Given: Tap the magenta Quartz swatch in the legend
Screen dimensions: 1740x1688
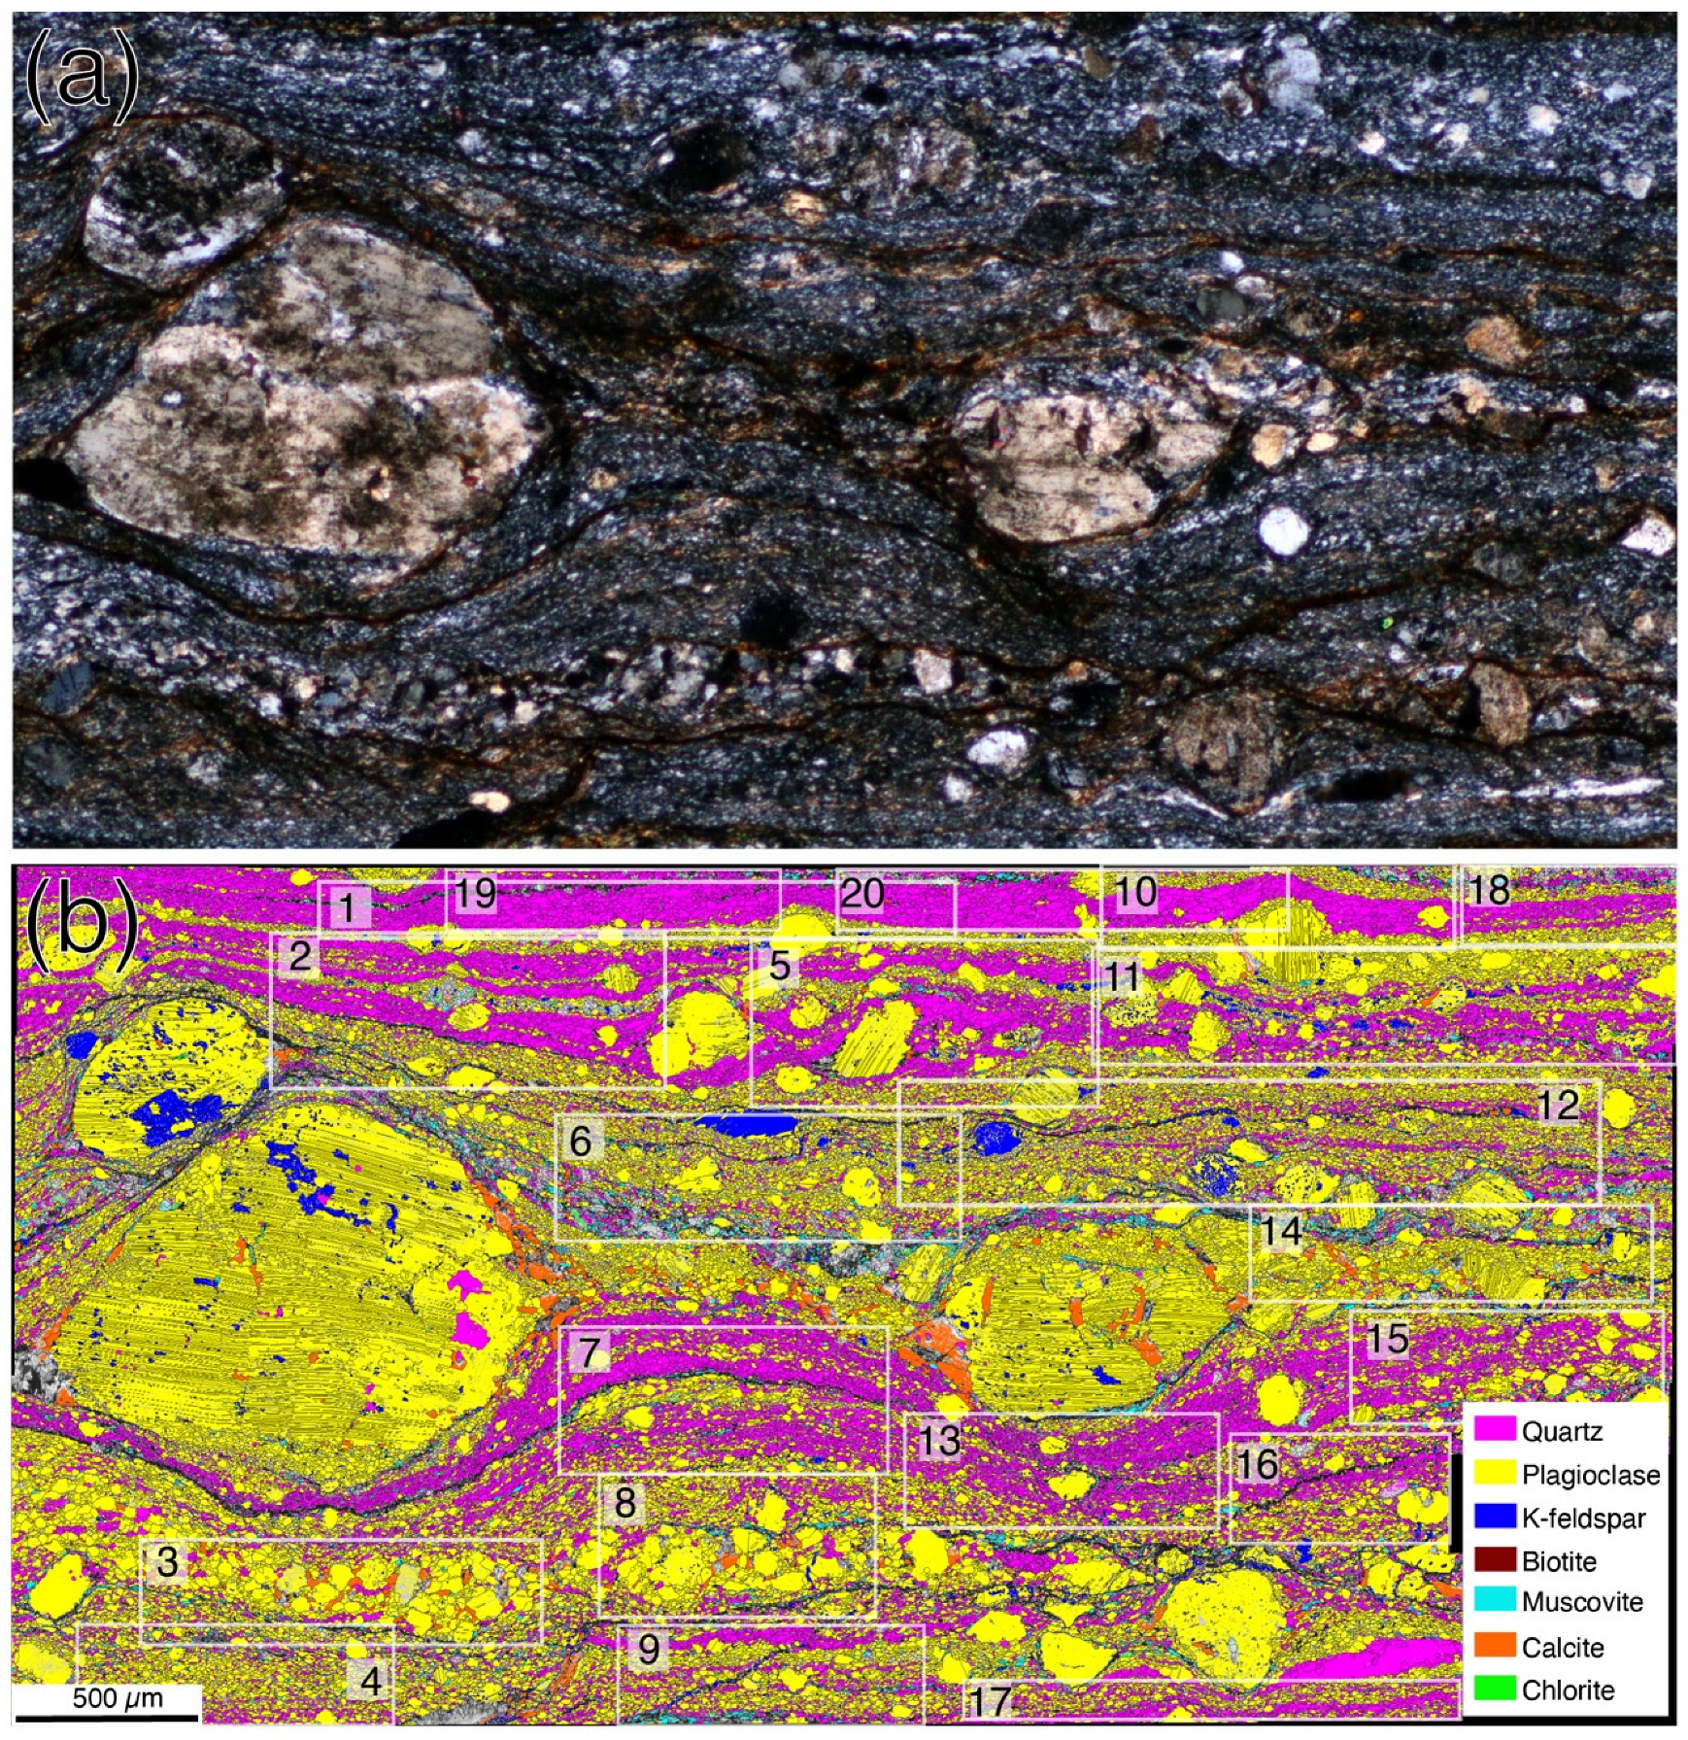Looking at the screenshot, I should (x=1494, y=1429).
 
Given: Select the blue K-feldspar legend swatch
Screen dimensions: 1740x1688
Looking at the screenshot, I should (x=1494, y=1517).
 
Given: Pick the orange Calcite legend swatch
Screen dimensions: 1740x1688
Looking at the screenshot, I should (x=1494, y=1646).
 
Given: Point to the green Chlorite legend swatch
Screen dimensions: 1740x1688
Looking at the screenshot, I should (x=1494, y=1689).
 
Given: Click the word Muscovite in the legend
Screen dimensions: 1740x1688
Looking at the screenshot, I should (x=1582, y=1602).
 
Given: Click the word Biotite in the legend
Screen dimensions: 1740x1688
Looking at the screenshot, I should (x=1559, y=1560).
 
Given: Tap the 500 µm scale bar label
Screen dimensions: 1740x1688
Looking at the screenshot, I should (x=118, y=1698).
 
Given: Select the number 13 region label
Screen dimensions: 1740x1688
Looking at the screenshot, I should (x=938, y=1440).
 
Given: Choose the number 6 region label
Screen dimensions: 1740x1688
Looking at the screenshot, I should (x=580, y=1141).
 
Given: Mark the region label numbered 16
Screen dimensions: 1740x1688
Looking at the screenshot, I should (x=1257, y=1463).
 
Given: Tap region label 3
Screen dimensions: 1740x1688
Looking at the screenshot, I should (x=167, y=1561).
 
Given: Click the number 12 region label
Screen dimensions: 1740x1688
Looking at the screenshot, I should (x=1558, y=1105).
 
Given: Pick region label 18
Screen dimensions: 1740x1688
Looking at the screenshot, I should (x=1488, y=889).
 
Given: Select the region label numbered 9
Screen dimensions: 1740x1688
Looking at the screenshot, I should (x=648, y=1649).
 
